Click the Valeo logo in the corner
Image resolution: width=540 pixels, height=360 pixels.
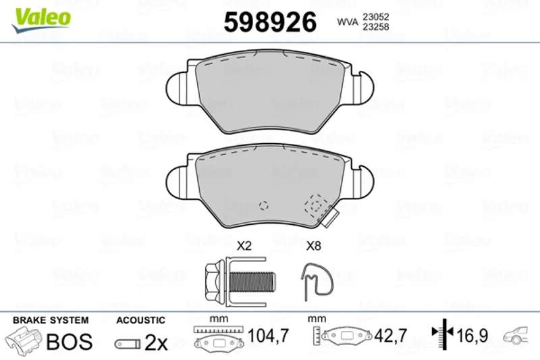point(41,20)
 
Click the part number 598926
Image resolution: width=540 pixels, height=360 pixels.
point(270,22)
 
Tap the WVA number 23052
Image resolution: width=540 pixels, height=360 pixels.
point(376,16)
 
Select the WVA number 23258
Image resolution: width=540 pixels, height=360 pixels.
point(376,26)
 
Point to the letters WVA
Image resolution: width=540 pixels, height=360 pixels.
point(348,22)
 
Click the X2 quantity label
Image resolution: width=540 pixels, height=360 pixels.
point(244,246)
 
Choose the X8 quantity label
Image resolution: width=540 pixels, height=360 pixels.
point(313,246)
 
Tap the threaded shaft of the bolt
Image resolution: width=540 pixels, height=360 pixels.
point(252,281)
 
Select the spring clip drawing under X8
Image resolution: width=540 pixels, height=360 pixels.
point(317,281)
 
